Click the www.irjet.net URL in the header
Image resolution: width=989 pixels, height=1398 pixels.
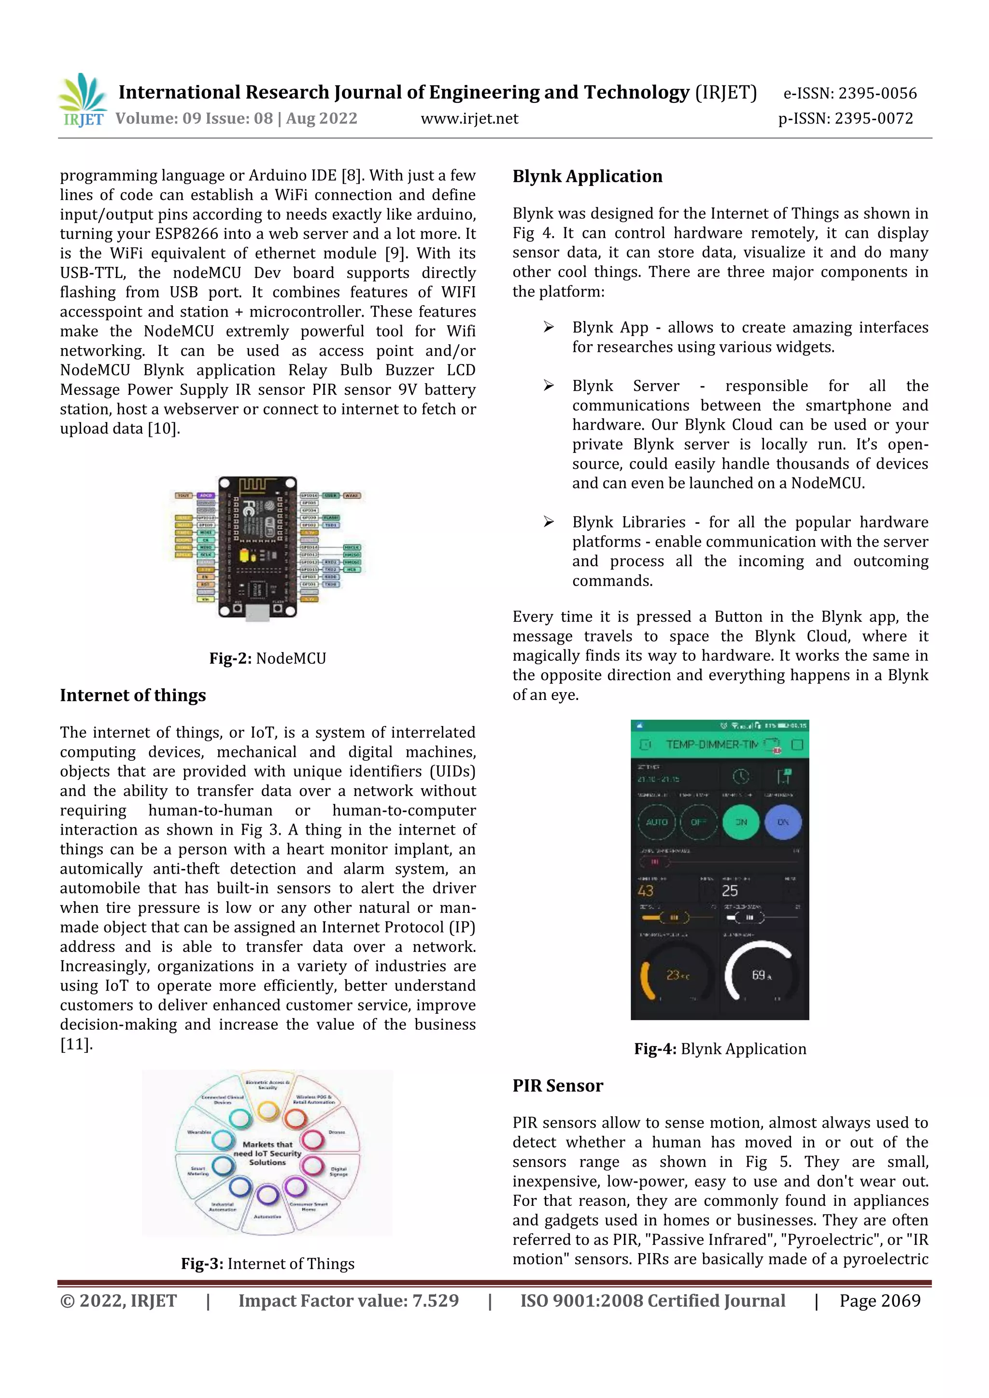point(469,119)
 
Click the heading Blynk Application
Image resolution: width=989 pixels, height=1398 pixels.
point(587,177)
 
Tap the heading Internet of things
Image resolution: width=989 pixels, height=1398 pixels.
point(133,695)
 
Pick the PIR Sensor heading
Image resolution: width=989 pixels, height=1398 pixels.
point(557,1086)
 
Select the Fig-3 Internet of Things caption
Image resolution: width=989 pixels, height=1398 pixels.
point(268,1264)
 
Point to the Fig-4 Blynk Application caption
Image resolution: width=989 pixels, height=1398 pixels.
point(720,1049)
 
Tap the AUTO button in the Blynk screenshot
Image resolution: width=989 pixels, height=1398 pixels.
point(656,822)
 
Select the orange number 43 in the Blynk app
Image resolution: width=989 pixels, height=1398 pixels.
point(646,891)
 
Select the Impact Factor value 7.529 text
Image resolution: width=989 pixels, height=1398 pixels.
point(348,1301)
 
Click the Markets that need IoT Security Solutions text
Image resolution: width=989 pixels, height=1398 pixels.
point(268,1153)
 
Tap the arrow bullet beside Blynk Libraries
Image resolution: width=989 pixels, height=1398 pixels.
point(549,522)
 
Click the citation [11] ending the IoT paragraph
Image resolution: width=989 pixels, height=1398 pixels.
point(76,1045)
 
